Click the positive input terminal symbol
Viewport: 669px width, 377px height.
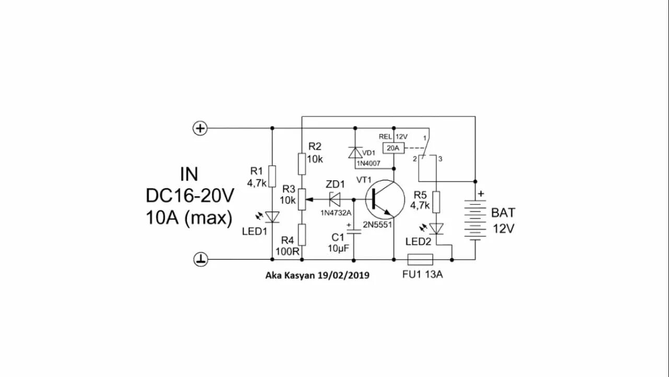(x=201, y=128)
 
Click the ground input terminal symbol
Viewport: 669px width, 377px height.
(x=201, y=259)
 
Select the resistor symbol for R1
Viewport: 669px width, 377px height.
(x=272, y=176)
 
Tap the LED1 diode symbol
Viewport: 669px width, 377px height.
(x=272, y=216)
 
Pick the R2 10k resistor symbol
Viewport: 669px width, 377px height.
(x=302, y=163)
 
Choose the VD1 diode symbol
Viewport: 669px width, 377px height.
(x=355, y=152)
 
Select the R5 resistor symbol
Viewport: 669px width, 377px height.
(x=436, y=201)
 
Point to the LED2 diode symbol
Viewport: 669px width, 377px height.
(x=436, y=228)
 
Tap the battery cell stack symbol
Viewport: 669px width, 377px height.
(x=475, y=220)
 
